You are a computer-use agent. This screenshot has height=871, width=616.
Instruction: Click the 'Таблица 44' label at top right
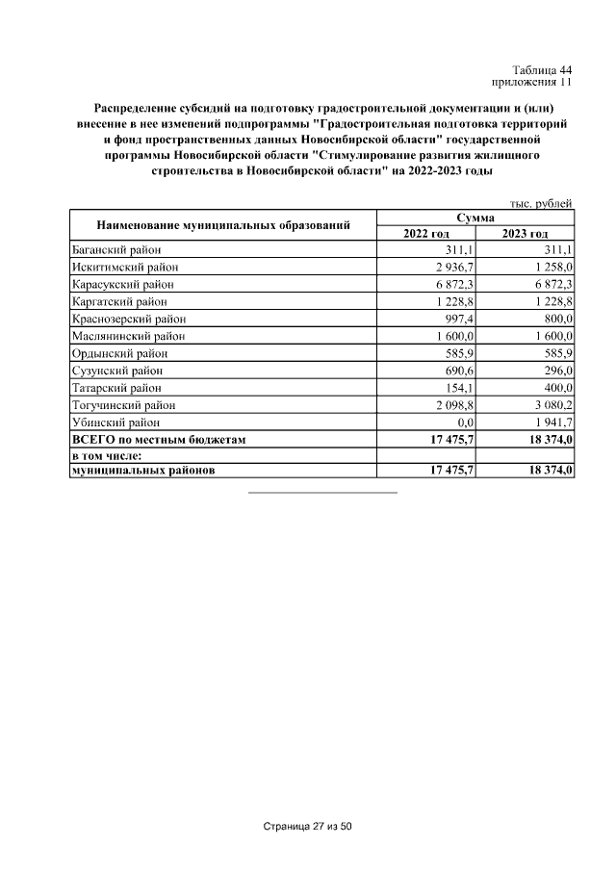pos(542,70)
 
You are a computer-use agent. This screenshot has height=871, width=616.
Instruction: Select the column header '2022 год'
pos(426,234)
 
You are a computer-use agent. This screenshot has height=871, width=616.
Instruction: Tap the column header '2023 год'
pos(525,234)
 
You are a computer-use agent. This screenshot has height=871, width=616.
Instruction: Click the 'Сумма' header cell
pos(475,218)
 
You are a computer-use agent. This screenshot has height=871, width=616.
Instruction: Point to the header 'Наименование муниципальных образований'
pos(222,226)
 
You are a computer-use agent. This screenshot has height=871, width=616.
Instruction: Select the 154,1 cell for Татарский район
pos(459,388)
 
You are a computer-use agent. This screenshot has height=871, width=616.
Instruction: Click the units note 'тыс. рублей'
pos(541,203)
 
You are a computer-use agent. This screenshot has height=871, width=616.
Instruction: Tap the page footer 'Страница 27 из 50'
pos(308,827)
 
